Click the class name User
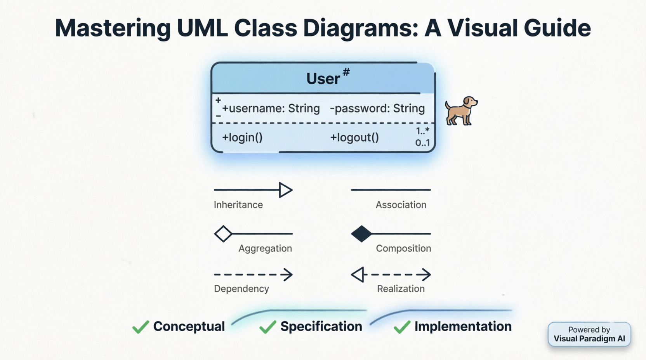pyautogui.click(x=323, y=79)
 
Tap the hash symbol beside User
pyautogui.click(x=346, y=72)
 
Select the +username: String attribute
pyautogui.click(x=271, y=109)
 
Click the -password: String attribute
pyautogui.click(x=377, y=109)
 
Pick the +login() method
pyautogui.click(x=242, y=138)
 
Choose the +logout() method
pyautogui.click(x=354, y=138)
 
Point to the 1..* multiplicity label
pyautogui.click(x=422, y=131)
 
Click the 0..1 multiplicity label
pyautogui.click(x=422, y=143)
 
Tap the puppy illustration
pyautogui.click(x=461, y=111)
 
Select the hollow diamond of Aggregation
pyautogui.click(x=223, y=234)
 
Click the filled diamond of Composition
pyautogui.click(x=361, y=234)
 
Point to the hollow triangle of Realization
pyautogui.click(x=358, y=275)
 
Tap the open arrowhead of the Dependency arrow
pyautogui.click(x=288, y=275)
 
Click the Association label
pyautogui.click(x=401, y=205)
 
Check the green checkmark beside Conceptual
pyautogui.click(x=140, y=327)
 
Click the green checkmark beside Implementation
pyautogui.click(x=402, y=327)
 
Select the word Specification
pyautogui.click(x=321, y=327)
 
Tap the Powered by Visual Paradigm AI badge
pyautogui.click(x=589, y=334)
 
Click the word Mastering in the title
pyautogui.click(x=113, y=28)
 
